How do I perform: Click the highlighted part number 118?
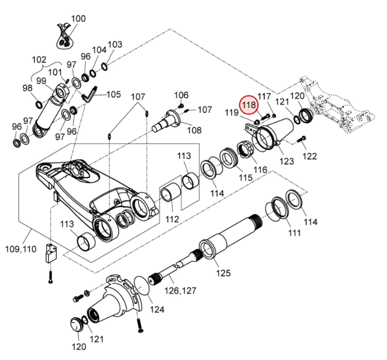tap(249, 105)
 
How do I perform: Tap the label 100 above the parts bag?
tap(78, 19)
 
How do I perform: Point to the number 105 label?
tap(114, 94)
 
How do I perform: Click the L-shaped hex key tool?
tap(89, 95)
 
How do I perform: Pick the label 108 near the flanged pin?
tap(194, 130)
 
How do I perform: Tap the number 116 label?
tap(260, 170)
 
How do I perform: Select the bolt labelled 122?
tap(301, 139)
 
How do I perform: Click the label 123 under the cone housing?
tap(286, 161)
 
